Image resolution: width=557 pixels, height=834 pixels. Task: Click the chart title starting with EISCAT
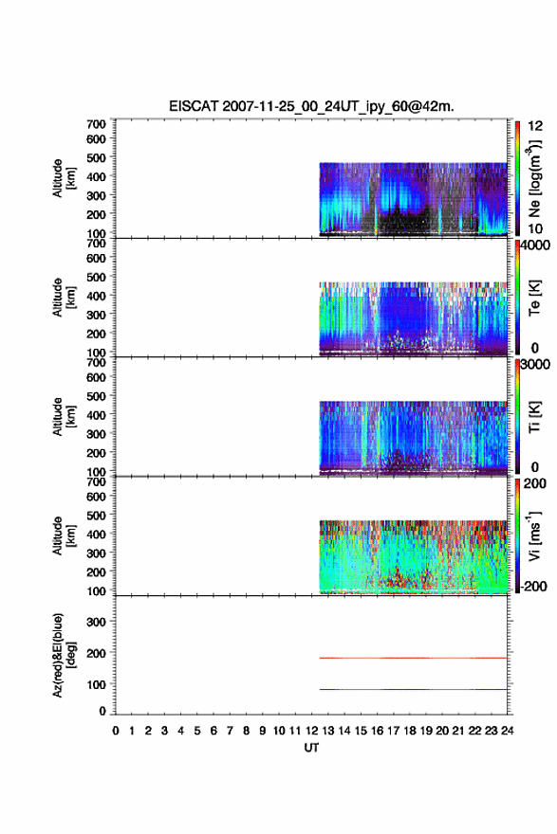tap(311, 106)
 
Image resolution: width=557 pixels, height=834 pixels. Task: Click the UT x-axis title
tap(311, 748)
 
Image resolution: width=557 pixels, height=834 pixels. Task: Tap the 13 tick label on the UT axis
tap(328, 731)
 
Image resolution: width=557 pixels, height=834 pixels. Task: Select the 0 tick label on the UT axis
tap(116, 731)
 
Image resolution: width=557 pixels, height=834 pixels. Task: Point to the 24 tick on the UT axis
tap(507, 731)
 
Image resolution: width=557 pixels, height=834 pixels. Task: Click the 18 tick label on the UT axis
tap(410, 731)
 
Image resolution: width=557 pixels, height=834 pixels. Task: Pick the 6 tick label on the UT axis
tap(214, 731)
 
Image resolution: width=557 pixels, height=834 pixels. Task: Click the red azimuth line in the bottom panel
tap(413, 658)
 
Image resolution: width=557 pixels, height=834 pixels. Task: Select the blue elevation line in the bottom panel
tap(413, 689)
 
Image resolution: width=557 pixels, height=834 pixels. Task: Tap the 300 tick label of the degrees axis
tap(96, 622)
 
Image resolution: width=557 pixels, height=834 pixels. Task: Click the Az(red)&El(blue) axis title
tap(64, 655)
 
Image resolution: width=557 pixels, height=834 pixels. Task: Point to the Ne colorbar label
tap(534, 179)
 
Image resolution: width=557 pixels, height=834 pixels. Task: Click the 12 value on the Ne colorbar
tap(536, 125)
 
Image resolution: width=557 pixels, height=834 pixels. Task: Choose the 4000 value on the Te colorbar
tap(535, 245)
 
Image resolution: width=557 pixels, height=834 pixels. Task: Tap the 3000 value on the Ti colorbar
tap(535, 364)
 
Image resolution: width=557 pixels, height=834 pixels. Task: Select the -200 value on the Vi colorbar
tap(533, 586)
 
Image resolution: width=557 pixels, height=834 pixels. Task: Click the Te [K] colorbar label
tap(534, 298)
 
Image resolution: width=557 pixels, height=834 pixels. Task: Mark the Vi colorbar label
tap(534, 535)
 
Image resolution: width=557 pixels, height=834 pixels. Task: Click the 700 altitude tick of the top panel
tap(96, 124)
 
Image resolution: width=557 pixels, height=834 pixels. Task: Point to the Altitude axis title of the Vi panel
tap(64, 535)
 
